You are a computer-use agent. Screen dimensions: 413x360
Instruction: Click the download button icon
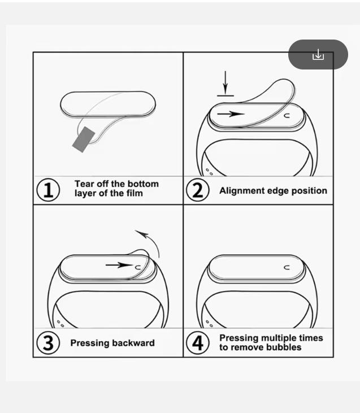(318, 55)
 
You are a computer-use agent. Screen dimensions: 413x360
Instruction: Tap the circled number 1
(48, 189)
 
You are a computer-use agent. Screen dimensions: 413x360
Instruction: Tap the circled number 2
(197, 190)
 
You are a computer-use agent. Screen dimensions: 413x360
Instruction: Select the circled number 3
(48, 343)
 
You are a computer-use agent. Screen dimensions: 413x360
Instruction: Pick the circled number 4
(197, 343)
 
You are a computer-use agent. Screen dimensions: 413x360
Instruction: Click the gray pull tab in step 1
(84, 139)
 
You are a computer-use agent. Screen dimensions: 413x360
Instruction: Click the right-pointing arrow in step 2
(231, 114)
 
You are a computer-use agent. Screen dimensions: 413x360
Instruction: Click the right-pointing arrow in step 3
(118, 264)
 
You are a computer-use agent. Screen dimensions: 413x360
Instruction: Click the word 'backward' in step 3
(133, 344)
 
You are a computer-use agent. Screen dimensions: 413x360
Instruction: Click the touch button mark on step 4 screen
(287, 267)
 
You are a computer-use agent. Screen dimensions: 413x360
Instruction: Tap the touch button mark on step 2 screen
(287, 115)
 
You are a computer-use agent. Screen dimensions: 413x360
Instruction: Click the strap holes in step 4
(210, 324)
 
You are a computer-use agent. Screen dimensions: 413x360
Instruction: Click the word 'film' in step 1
(134, 193)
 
